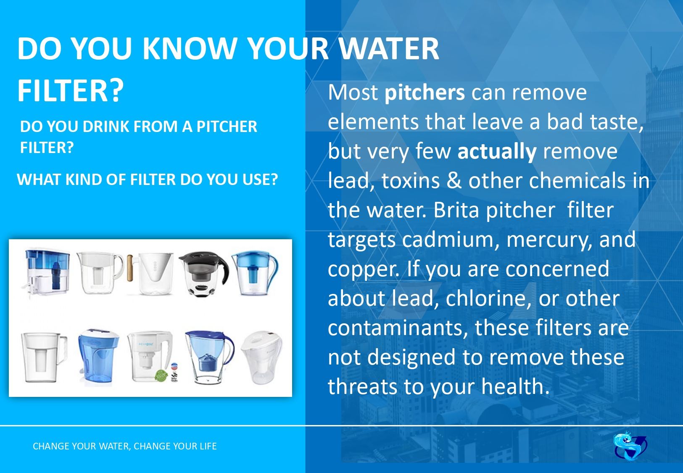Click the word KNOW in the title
190,48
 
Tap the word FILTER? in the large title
71,90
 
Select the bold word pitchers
425,93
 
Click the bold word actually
497,152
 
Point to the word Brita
456,210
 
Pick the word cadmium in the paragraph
448,240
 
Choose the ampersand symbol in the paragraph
454,181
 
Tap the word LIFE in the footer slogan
208,446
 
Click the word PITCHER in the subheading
227,127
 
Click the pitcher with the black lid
204,273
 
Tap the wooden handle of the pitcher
130,268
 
